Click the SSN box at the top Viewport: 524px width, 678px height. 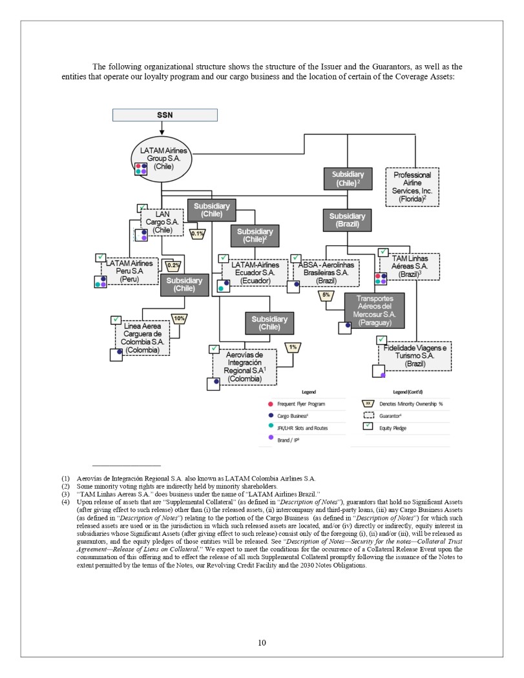[165, 115]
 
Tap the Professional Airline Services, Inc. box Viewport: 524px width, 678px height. [412, 187]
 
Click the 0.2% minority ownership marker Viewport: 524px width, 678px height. [173, 265]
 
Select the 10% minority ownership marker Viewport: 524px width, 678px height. [179, 318]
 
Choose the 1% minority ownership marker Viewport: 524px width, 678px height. [293, 347]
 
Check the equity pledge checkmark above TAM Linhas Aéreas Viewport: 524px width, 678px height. [382, 252]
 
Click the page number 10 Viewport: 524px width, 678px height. [262, 642]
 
